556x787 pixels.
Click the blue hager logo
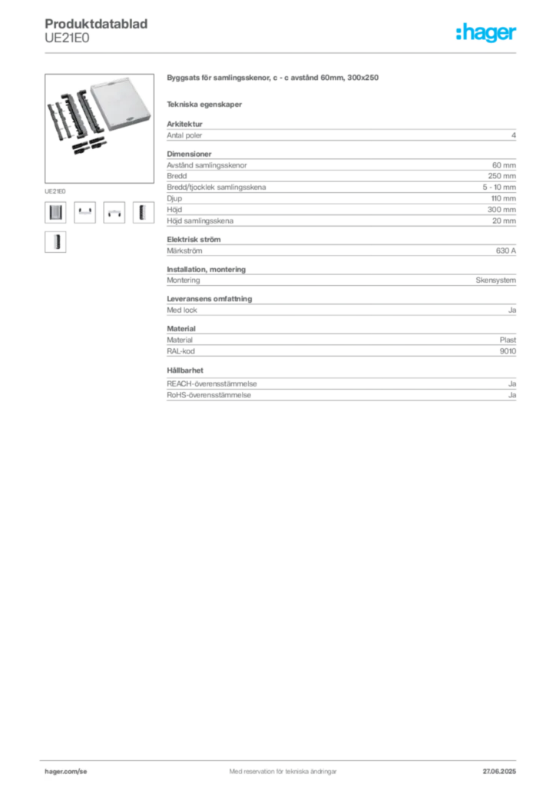coord(488,34)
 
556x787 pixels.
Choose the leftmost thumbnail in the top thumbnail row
coord(55,212)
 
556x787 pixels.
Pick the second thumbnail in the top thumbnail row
coord(84,212)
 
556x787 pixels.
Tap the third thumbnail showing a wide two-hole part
coord(114,214)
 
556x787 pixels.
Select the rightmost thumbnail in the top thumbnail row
coord(141,212)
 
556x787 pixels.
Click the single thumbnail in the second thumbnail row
coord(55,243)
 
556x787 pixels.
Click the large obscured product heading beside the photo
coord(273,79)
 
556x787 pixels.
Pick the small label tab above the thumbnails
coord(55,189)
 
